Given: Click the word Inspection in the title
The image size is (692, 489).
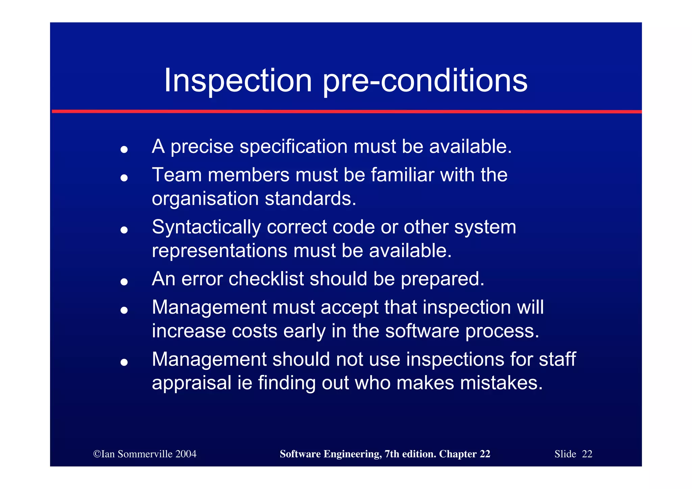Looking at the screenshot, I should coord(238,81).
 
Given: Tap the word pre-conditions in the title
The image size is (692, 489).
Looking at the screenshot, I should coord(425,81).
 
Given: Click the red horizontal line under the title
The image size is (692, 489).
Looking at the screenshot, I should coord(346,111).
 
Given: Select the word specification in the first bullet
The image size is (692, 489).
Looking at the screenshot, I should coord(293,147).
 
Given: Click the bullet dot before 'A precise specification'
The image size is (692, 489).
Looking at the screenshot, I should coord(124,149).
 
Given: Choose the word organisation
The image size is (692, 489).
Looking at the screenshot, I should coord(205,199).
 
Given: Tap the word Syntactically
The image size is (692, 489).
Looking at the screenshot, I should coord(206,227).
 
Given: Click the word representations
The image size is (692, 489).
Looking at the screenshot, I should coord(220,251).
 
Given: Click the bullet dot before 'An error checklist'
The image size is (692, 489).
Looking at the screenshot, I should coord(124,282).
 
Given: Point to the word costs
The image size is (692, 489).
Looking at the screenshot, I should coord(254,331).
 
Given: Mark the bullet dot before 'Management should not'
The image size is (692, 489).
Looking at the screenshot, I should coord(124,362).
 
